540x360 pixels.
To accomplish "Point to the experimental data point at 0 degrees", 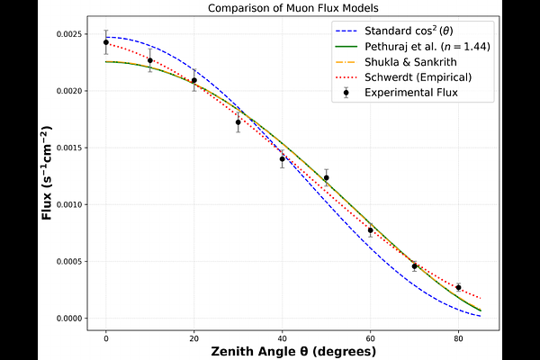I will (x=106, y=42).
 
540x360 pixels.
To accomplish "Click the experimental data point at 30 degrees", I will (x=238, y=121).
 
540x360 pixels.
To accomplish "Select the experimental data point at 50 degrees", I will (x=327, y=177).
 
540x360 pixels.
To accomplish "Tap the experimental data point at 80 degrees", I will (x=458, y=288).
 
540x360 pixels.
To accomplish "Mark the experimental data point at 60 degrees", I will (x=370, y=230).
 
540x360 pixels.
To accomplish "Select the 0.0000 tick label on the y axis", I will (x=71, y=319).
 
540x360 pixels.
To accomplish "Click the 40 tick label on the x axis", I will (x=282, y=337).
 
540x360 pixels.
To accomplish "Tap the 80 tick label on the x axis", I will (x=458, y=337).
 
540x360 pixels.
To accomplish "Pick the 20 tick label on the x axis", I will (x=193, y=337).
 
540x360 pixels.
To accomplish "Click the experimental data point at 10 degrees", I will (x=150, y=60).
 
